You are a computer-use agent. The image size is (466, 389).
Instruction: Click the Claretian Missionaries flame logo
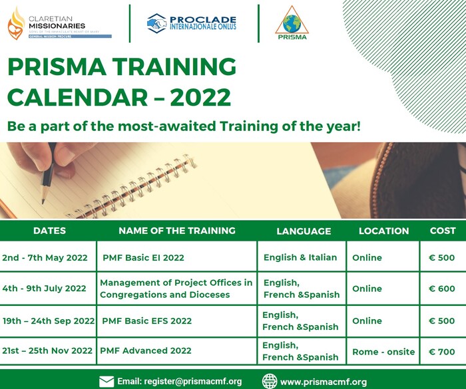click(15, 23)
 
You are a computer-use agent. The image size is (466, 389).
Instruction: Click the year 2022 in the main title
click(200, 96)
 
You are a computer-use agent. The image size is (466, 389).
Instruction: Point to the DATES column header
click(49, 231)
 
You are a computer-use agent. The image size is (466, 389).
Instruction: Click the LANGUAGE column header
click(304, 231)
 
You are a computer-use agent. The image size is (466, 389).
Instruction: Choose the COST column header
click(442, 231)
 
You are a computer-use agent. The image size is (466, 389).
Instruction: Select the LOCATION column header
click(383, 231)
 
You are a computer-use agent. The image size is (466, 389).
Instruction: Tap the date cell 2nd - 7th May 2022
click(45, 257)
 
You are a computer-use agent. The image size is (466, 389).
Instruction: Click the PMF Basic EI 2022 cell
click(143, 257)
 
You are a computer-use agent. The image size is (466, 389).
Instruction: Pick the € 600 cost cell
click(442, 289)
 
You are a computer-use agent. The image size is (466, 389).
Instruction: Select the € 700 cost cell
click(442, 351)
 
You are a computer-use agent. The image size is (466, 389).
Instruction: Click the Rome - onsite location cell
click(383, 351)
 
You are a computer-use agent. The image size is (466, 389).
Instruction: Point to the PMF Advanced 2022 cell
click(145, 351)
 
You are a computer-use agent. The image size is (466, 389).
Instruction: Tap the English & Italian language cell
click(300, 257)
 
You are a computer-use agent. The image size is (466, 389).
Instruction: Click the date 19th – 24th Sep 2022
click(49, 321)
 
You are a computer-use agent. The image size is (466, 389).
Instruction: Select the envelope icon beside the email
click(107, 382)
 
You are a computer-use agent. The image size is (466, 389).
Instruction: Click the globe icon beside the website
click(269, 382)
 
